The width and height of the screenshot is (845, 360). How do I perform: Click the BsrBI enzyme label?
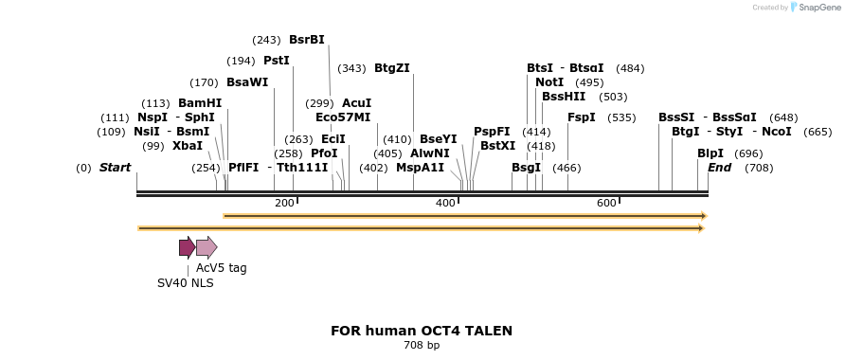[306, 40]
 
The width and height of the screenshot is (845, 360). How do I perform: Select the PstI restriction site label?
[276, 61]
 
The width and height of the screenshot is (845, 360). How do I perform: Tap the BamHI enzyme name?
[199, 103]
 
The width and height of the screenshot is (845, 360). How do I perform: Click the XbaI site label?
[187, 146]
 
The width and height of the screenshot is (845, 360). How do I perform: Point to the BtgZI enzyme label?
[391, 68]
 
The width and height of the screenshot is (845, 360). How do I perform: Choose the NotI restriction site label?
[549, 82]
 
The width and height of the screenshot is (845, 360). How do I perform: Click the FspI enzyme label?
[581, 117]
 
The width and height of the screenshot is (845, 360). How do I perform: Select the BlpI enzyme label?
[710, 153]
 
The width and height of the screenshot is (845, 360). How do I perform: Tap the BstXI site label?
[497, 146]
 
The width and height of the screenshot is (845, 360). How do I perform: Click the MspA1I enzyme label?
[420, 168]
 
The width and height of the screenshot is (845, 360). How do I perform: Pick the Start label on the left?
[115, 168]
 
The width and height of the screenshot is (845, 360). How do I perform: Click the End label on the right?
[719, 168]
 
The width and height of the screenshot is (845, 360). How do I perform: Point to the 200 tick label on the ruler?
[284, 204]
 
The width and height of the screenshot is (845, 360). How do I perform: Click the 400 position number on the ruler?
[445, 204]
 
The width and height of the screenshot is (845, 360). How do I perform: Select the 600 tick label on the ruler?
[606, 204]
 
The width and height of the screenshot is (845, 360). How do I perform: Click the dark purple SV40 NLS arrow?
[187, 248]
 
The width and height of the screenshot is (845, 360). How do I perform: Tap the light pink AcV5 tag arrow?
[207, 248]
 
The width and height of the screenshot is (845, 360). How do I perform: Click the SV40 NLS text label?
[185, 282]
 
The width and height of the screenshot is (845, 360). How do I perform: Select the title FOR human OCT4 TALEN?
[422, 331]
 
